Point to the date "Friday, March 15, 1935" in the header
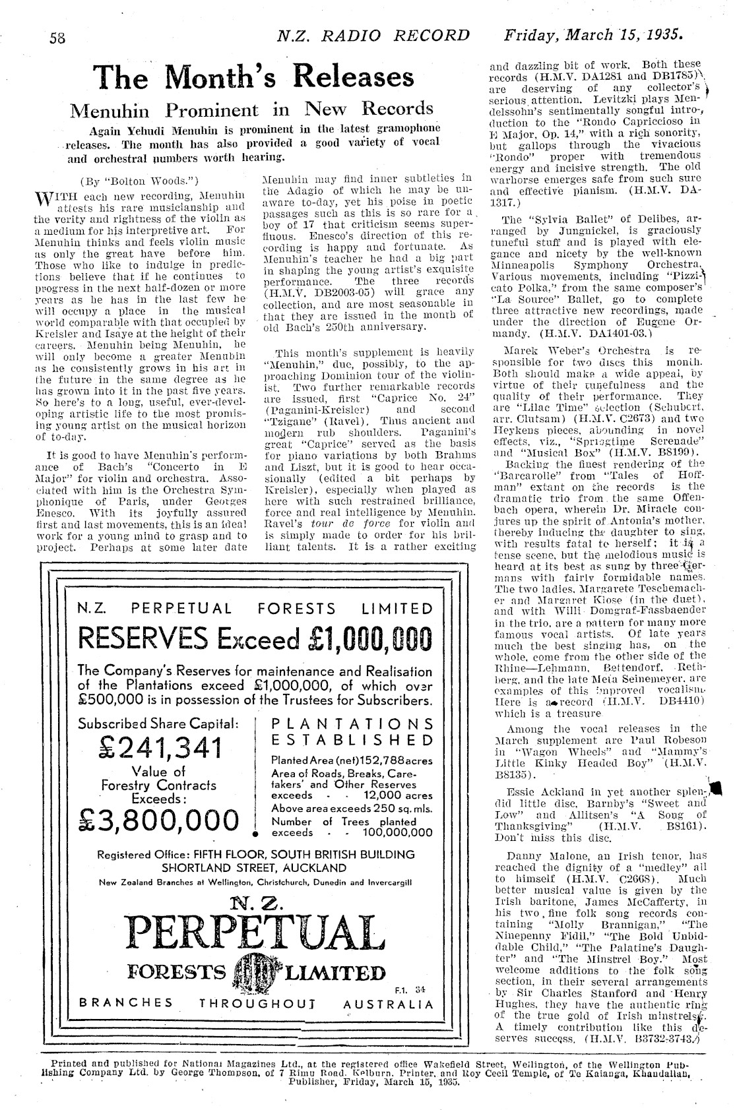point(594,34)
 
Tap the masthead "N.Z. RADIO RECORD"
point(373,36)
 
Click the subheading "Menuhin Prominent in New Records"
point(252,109)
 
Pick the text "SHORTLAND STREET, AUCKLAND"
point(254,867)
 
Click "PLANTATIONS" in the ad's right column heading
point(353,724)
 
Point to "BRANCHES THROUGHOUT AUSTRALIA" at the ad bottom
point(257,1004)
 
